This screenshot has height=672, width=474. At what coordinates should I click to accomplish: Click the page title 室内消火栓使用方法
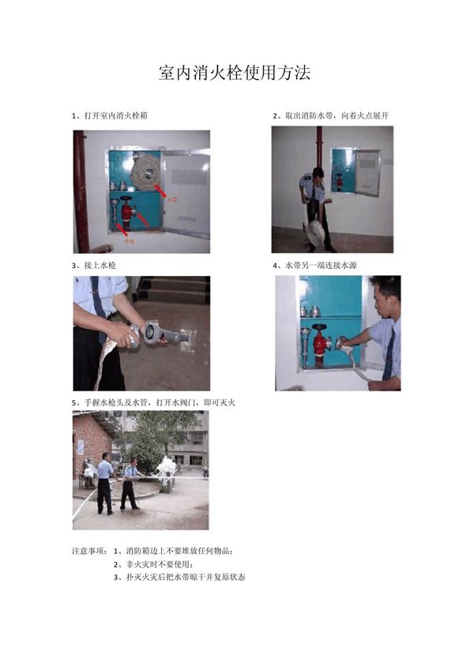235,74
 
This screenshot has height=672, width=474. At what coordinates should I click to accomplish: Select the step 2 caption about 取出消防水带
331,115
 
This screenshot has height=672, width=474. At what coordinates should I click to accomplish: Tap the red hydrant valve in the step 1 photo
126,213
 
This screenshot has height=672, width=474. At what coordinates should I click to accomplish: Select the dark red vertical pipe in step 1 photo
80,190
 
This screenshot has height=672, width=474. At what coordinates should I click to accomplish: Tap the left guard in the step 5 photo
104,482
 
